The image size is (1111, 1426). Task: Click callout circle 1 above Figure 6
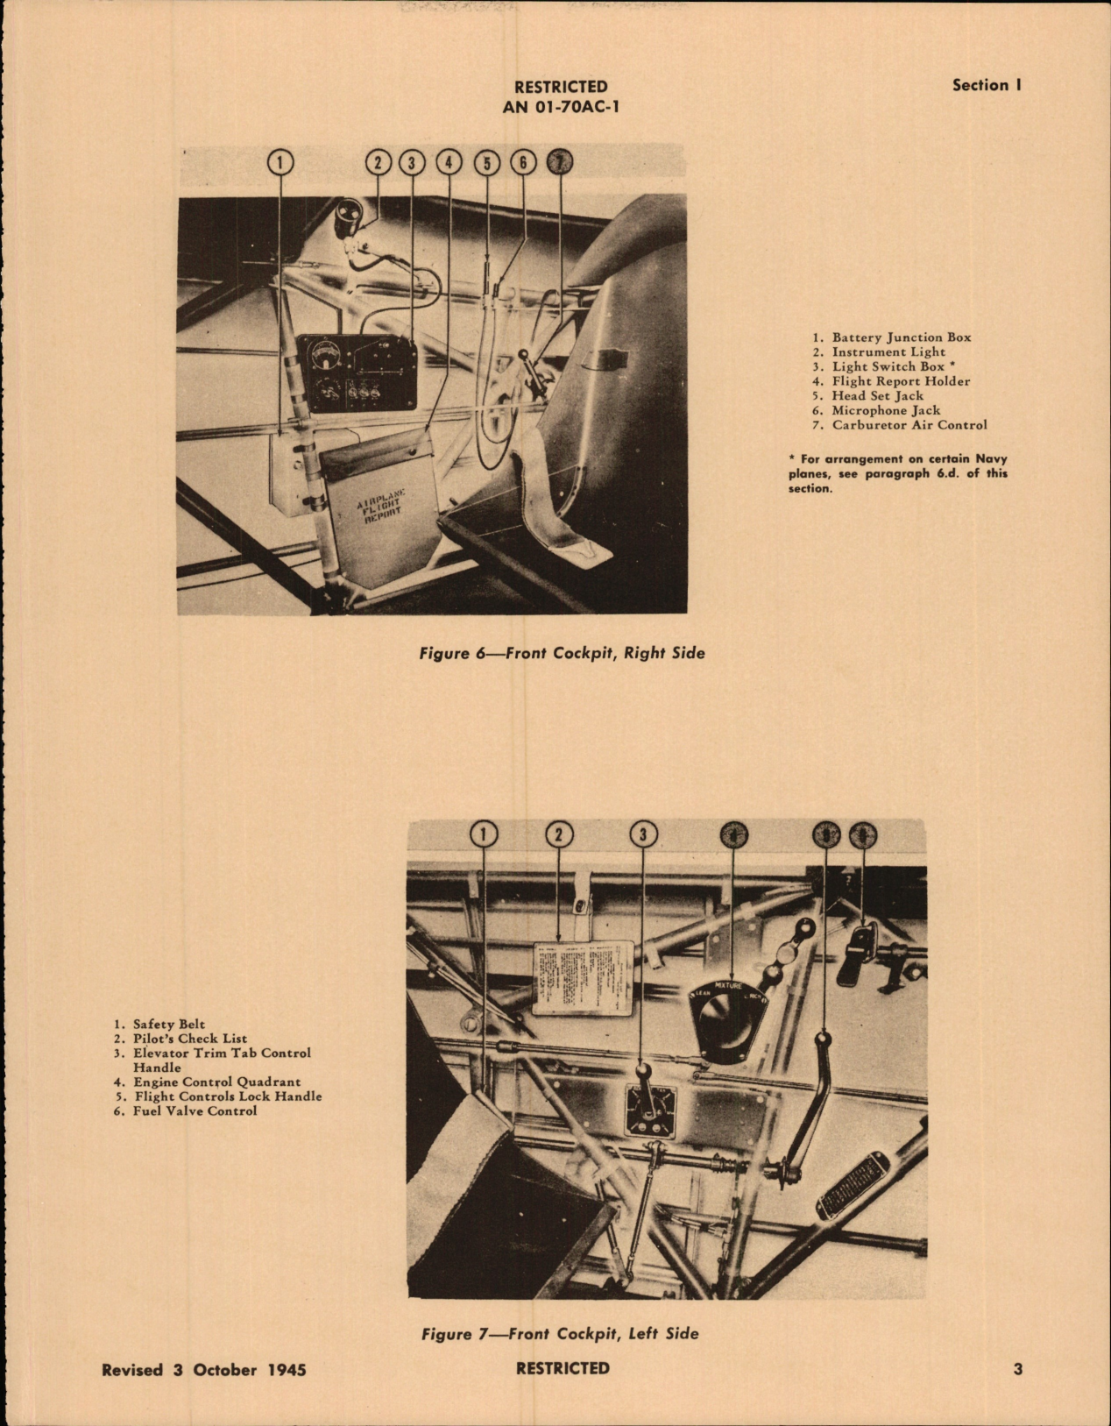pyautogui.click(x=280, y=162)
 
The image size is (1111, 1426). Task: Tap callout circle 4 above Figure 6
pyautogui.click(x=449, y=162)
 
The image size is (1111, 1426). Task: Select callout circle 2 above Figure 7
pyautogui.click(x=559, y=834)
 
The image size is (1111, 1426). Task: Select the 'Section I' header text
pyautogui.click(x=987, y=85)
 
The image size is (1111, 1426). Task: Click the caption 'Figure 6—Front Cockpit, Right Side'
pyautogui.click(x=561, y=653)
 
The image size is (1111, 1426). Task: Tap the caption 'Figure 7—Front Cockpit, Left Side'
pyautogui.click(x=560, y=1334)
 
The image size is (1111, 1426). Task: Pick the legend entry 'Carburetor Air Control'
pyautogui.click(x=909, y=425)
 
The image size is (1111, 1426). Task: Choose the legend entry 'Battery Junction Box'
pyautogui.click(x=901, y=337)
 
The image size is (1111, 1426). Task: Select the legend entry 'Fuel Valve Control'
pyautogui.click(x=195, y=1110)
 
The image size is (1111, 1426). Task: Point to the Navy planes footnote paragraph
pyautogui.click(x=898, y=473)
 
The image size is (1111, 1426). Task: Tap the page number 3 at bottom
pyautogui.click(x=1017, y=1369)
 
